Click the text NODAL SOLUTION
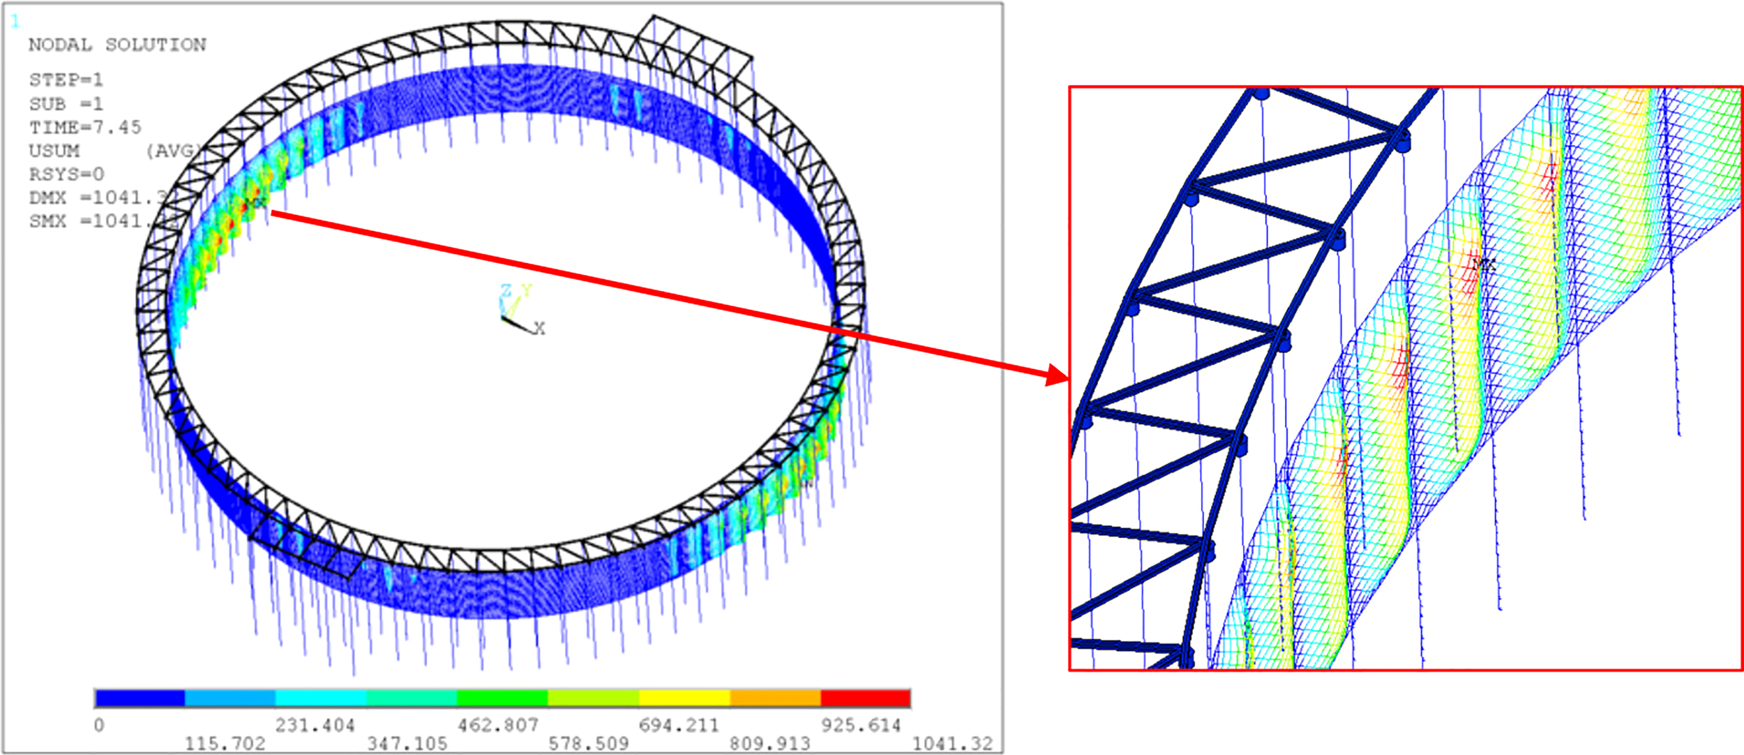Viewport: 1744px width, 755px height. pyautogui.click(x=116, y=45)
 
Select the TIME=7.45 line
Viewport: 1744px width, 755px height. pyautogui.click(x=84, y=128)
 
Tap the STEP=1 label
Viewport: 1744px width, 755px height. pyautogui.click(x=66, y=80)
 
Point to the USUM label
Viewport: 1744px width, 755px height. pyautogui.click(x=54, y=151)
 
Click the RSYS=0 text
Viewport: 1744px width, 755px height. pyautogui.click(x=66, y=174)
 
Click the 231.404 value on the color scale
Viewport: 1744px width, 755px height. pyautogui.click(x=315, y=726)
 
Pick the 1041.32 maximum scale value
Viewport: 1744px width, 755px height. pyautogui.click(x=952, y=744)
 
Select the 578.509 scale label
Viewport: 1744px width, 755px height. pyautogui.click(x=588, y=744)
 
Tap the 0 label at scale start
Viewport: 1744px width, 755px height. pyautogui.click(x=99, y=726)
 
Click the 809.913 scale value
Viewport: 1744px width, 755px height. pyautogui.click(x=769, y=744)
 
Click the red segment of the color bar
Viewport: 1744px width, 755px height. pyautogui.click(x=865, y=698)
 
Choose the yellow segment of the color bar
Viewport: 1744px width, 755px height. pyautogui.click(x=684, y=698)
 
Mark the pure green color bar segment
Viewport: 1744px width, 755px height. pyautogui.click(x=502, y=698)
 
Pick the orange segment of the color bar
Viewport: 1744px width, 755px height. pyautogui.click(x=775, y=698)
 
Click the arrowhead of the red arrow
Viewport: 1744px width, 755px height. pyautogui.click(x=1058, y=376)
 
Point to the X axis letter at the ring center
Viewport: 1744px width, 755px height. pyautogui.click(x=539, y=329)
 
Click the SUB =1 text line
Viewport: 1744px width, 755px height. pyautogui.click(x=66, y=105)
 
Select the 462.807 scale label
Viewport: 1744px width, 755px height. pyautogui.click(x=497, y=726)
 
